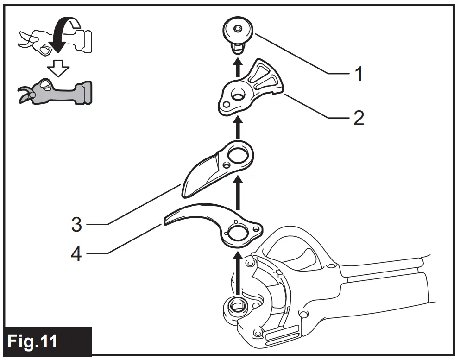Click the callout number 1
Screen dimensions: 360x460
pyautogui.click(x=358, y=74)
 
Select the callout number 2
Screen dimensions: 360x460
pyautogui.click(x=358, y=118)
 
